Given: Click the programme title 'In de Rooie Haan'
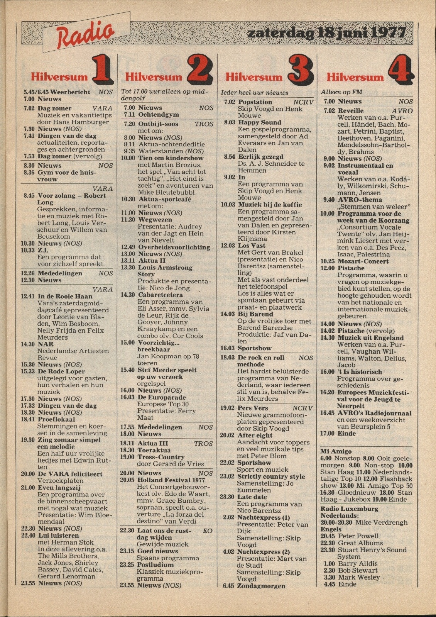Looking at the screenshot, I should click(65, 296).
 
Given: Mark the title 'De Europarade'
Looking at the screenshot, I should click(162, 397).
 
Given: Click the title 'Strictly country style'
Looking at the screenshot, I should click(271, 476).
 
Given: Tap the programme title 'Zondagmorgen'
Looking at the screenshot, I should click(261, 586).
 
